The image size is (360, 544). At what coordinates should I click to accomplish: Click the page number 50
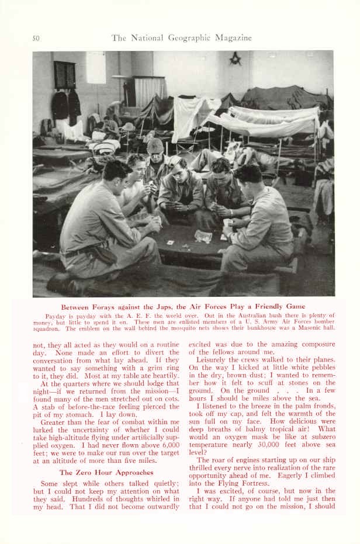pos(36,39)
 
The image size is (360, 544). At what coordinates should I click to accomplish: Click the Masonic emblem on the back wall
pos(236,58)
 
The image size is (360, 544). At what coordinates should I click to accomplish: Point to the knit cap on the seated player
pos(155,146)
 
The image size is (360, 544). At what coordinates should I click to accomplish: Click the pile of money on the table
pos(202,236)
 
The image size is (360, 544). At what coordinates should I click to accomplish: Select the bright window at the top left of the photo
pos(96,68)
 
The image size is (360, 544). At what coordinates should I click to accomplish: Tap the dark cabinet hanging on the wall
pos(65,75)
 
